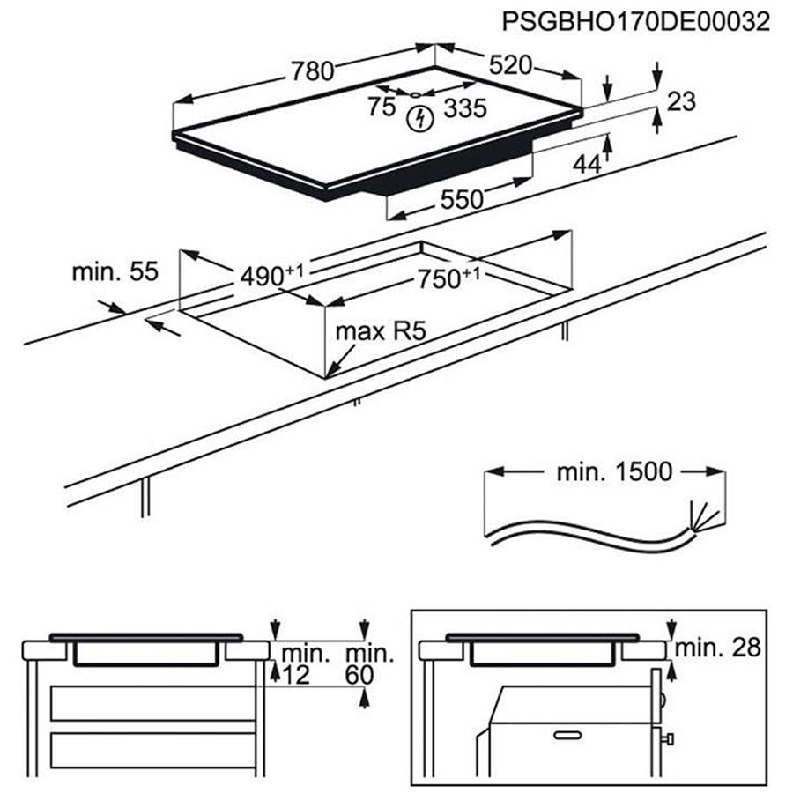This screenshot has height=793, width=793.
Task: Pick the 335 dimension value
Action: tap(465, 108)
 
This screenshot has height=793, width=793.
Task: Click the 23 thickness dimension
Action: tap(681, 101)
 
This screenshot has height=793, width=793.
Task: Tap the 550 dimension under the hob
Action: tap(463, 200)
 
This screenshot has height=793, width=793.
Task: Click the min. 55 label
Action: tap(115, 272)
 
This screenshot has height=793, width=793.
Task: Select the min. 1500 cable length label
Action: tap(613, 471)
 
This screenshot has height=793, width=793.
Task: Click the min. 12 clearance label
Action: tap(305, 664)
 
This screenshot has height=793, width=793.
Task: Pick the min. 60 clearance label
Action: tap(368, 664)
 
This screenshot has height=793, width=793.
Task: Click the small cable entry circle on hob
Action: tap(414, 93)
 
